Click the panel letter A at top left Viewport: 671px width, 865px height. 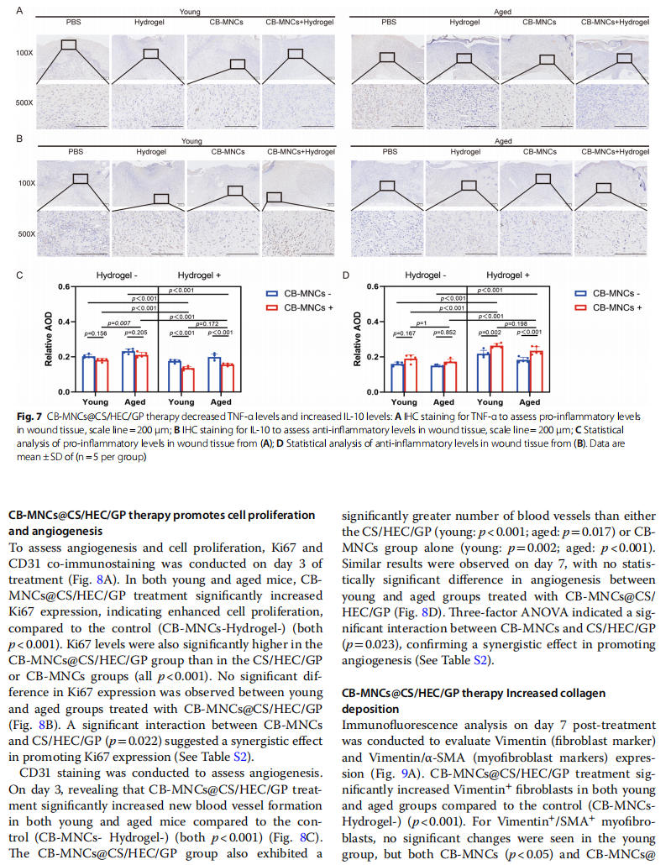click(19, 10)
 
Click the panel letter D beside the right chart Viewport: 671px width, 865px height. click(346, 275)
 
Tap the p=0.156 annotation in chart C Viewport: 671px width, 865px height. click(96, 333)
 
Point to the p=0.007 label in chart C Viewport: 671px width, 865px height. click(119, 323)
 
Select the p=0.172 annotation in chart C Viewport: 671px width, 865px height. click(207, 324)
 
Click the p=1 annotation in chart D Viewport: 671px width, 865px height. click(421, 323)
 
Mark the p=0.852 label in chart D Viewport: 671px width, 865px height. click(445, 333)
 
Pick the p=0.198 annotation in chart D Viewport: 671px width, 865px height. click(516, 324)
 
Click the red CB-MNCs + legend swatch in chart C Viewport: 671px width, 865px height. click(272, 308)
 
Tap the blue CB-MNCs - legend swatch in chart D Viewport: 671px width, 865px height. click(580, 293)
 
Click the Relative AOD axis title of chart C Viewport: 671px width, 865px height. click(49, 338)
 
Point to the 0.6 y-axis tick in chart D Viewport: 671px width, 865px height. click(373, 286)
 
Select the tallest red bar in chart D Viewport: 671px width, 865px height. click(496, 369)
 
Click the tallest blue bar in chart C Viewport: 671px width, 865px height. click(128, 371)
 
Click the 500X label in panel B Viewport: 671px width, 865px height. click(27, 234)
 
